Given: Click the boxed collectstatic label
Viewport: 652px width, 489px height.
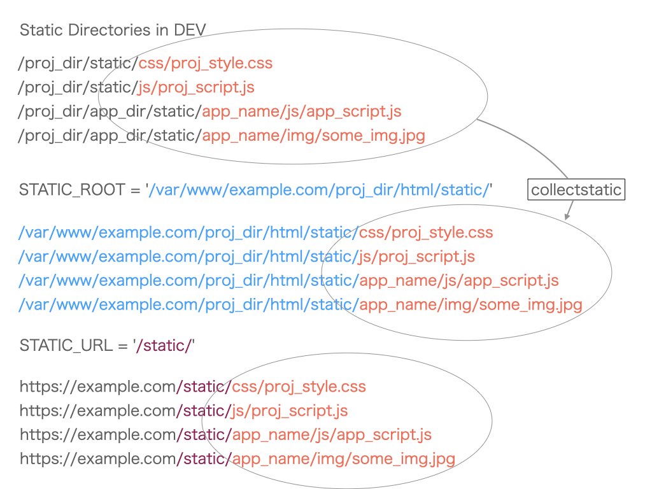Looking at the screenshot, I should tap(576, 190).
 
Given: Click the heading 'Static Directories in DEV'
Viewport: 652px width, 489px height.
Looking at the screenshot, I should tap(113, 30).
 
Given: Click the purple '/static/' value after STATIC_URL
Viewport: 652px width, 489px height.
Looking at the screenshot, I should tap(165, 345).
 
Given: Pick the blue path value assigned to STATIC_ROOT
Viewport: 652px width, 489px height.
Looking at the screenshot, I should tap(319, 190).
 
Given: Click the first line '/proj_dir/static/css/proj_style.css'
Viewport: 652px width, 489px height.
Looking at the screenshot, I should tap(146, 63).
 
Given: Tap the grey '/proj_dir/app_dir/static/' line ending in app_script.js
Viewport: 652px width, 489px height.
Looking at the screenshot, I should tap(210, 111).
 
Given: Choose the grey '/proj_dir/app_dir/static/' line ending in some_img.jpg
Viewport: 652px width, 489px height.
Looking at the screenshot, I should tap(222, 136).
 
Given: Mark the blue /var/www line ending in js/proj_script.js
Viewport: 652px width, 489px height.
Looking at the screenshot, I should tap(247, 257).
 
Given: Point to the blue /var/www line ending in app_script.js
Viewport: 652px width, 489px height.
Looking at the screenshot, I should tap(289, 281).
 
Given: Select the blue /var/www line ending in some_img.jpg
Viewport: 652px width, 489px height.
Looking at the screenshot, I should tap(301, 305).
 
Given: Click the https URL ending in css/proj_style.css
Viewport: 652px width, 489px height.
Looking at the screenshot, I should tap(193, 386).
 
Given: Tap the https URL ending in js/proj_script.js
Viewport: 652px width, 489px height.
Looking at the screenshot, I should tap(184, 411).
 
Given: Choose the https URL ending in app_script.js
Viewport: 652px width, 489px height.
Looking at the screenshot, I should tap(226, 435).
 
